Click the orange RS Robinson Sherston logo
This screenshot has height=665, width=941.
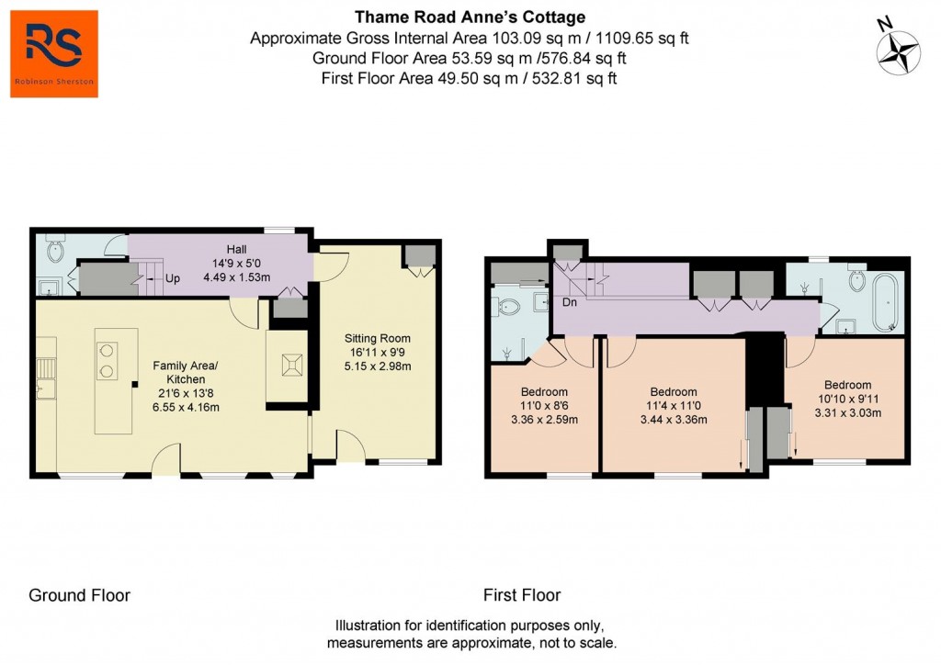click(54, 53)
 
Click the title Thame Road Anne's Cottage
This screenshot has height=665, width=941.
click(470, 17)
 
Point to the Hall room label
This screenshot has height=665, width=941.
click(236, 249)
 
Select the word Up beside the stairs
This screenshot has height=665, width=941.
click(172, 276)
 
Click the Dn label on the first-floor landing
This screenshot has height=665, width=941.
click(569, 301)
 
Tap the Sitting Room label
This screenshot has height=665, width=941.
click(377, 338)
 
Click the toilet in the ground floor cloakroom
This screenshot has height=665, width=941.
click(54, 249)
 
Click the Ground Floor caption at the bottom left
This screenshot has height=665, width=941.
click(79, 595)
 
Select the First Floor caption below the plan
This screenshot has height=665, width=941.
click(522, 595)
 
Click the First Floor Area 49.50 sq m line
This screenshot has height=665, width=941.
click(469, 78)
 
